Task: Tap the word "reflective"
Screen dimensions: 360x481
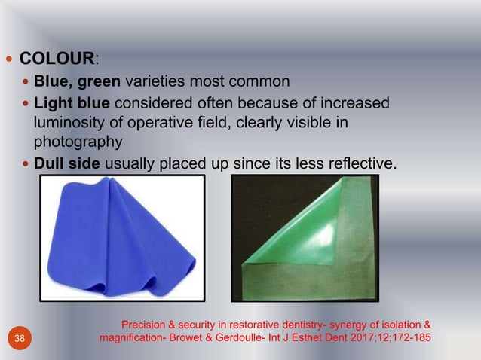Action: (362, 161)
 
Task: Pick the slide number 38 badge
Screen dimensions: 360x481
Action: (19, 339)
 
